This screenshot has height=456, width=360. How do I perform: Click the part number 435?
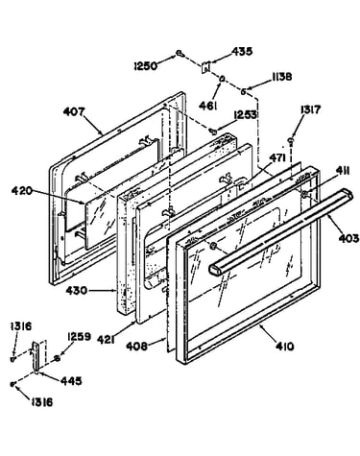point(242,52)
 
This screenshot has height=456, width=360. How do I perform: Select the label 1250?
point(146,66)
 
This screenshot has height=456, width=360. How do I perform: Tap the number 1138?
point(281,77)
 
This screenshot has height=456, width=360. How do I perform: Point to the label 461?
point(208,106)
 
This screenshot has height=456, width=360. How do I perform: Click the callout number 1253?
point(245,115)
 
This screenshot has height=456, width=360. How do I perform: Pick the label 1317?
point(310,109)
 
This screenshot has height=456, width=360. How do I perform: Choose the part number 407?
point(74,111)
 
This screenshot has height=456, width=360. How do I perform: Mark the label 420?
point(22,191)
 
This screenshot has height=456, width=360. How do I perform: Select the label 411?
point(342,171)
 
